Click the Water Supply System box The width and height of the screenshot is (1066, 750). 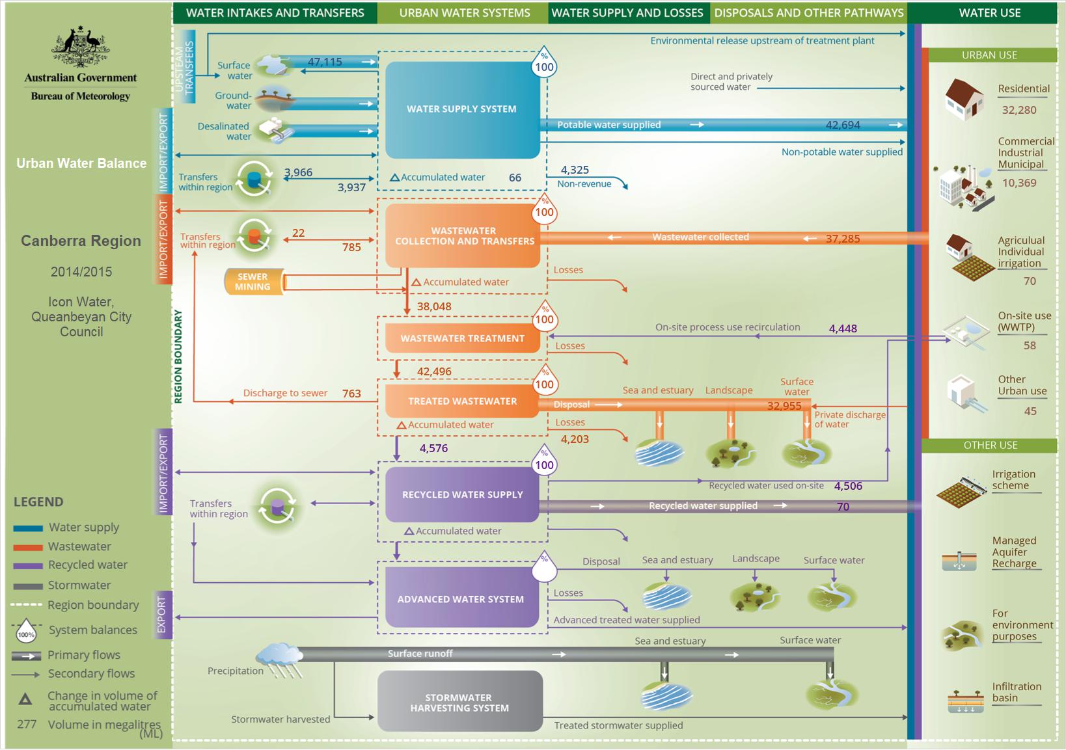(x=463, y=110)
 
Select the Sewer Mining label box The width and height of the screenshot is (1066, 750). (x=254, y=282)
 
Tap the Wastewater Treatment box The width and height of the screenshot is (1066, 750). (x=463, y=338)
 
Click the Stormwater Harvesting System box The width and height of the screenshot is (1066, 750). (x=459, y=701)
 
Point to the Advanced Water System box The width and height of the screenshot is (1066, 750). (x=461, y=598)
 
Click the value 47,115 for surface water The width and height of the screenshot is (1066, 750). (x=325, y=62)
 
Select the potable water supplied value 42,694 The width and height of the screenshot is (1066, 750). (x=842, y=125)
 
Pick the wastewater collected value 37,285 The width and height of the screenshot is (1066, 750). (x=842, y=238)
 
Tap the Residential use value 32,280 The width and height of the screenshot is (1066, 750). (x=1019, y=110)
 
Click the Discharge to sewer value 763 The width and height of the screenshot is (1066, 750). (x=351, y=394)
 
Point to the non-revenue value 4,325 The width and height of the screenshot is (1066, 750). (x=575, y=170)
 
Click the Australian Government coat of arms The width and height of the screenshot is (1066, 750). (x=81, y=46)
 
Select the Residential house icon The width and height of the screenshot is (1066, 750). (x=964, y=100)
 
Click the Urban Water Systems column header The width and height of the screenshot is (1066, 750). (x=465, y=13)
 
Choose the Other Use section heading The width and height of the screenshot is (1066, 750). (x=991, y=445)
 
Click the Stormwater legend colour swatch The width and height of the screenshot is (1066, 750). (x=28, y=586)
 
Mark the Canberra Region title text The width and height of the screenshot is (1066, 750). (x=81, y=241)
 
